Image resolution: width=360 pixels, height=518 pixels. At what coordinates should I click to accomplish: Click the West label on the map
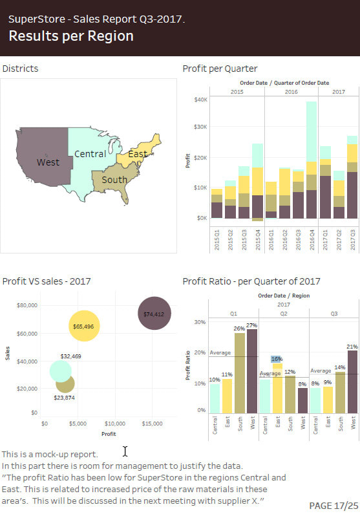tap(48, 162)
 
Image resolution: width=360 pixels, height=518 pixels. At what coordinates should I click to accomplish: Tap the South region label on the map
tap(114, 180)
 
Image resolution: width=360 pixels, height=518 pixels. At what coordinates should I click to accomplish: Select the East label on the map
tap(137, 154)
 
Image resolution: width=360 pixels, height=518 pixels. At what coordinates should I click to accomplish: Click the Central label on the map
tap(90, 154)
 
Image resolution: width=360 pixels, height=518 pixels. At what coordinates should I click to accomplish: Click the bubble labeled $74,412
tap(154, 314)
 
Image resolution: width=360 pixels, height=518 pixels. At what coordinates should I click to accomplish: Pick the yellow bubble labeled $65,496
tap(84, 326)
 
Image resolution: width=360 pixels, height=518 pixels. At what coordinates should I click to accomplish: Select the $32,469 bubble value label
tap(70, 356)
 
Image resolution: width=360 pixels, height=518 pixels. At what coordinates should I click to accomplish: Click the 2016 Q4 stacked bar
tap(312, 162)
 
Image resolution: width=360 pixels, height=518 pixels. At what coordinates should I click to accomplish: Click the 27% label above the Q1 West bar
tap(251, 325)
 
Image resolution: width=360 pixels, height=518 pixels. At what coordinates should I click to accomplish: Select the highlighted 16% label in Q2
tap(277, 359)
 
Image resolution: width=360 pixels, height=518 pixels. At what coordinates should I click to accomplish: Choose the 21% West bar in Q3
tap(352, 382)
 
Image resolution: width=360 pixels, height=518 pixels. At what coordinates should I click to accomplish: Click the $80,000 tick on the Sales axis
tap(27, 305)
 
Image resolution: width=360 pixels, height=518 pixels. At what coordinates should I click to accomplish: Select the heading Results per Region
tap(71, 36)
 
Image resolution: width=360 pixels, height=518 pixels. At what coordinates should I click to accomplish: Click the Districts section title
tap(20, 69)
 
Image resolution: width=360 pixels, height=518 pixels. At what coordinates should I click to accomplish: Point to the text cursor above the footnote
tap(125, 451)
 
